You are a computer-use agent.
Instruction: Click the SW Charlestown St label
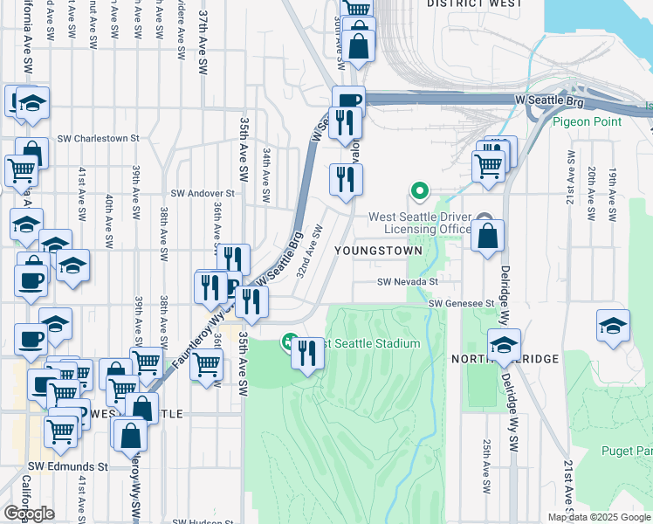pyautogui.click(x=99, y=138)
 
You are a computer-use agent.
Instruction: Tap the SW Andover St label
pyautogui.click(x=203, y=193)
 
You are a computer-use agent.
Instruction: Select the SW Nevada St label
pyautogui.click(x=407, y=282)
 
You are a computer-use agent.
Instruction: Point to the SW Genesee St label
pyautogui.click(x=461, y=303)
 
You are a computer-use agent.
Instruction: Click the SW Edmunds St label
pyautogui.click(x=67, y=466)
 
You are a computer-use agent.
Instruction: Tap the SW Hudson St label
pyautogui.click(x=204, y=521)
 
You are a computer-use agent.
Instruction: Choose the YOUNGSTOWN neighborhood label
pyautogui.click(x=377, y=251)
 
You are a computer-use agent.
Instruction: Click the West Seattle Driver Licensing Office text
pyautogui.click(x=420, y=224)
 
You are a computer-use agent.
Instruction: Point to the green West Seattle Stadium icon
pyautogui.click(x=289, y=342)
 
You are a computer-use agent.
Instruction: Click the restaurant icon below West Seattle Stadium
pyautogui.click(x=306, y=354)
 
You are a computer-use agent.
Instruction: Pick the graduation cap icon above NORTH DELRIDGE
pyautogui.click(x=504, y=345)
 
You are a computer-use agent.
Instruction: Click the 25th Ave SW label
pyautogui.click(x=486, y=463)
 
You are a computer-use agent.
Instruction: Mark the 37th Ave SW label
pyautogui.click(x=203, y=54)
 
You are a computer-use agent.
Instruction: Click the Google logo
pyautogui.click(x=29, y=514)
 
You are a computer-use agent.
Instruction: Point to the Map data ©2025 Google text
pyautogui.click(x=599, y=517)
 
